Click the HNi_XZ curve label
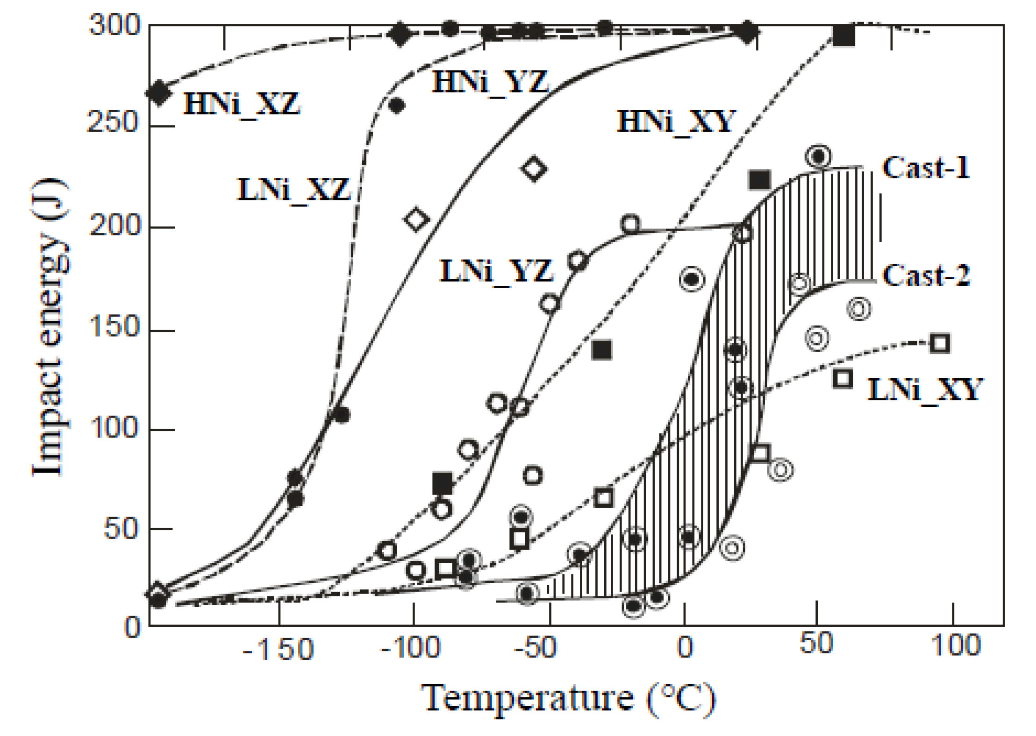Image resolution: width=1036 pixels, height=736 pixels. pos(242,104)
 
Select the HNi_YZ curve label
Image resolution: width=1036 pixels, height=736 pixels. pos(490,82)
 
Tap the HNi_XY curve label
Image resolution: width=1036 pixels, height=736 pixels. pos(676,122)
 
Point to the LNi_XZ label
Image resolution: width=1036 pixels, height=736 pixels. pos(293,190)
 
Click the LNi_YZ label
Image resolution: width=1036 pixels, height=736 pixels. pos(496,271)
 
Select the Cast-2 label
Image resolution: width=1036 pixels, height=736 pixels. pos(926,275)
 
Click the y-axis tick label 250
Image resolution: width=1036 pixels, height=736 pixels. pos(114,123)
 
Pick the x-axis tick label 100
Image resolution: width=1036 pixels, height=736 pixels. pos(955,645)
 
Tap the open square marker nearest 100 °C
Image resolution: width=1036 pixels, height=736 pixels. pos(940,343)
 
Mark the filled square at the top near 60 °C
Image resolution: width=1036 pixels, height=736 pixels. pos(843,35)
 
